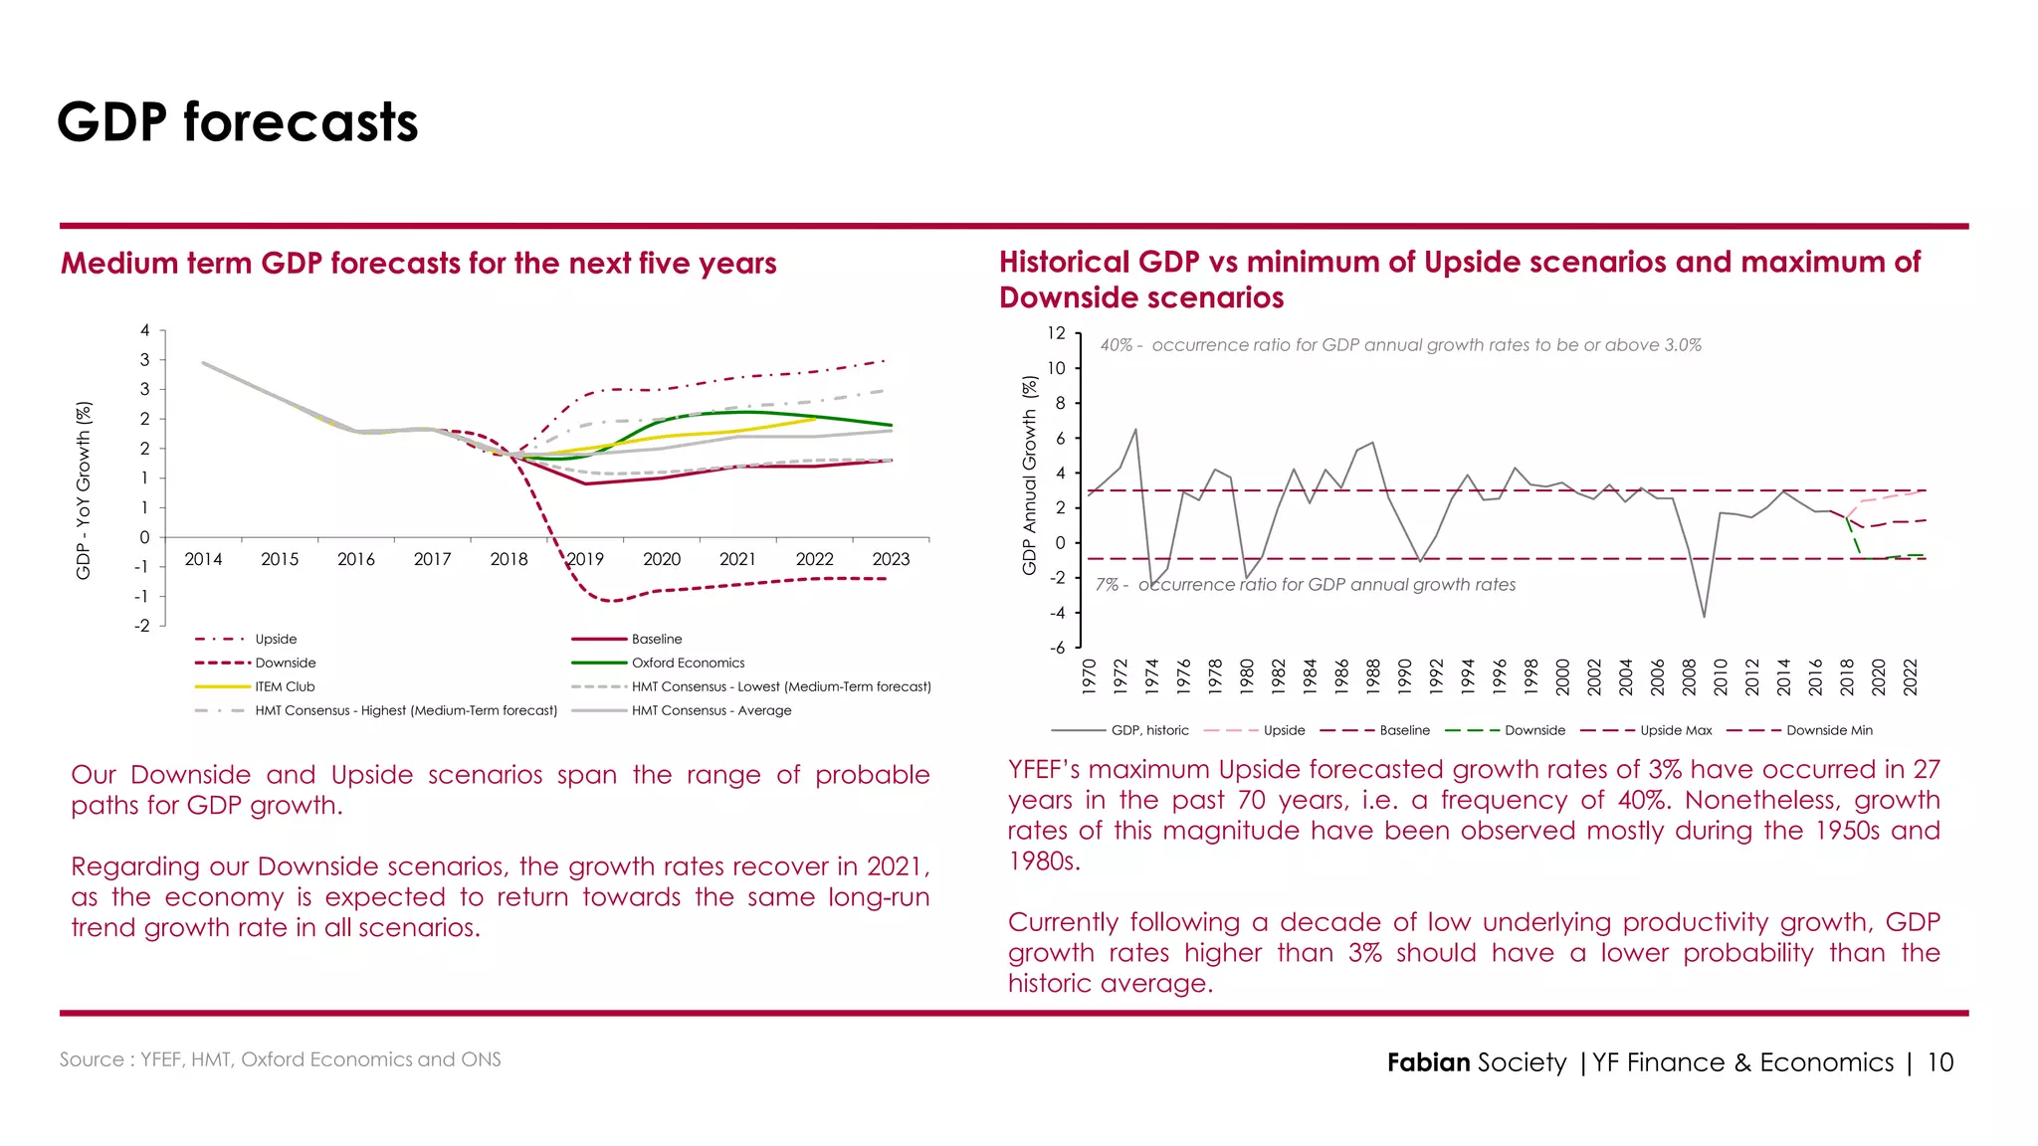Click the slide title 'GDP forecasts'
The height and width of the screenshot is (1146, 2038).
pos(238,122)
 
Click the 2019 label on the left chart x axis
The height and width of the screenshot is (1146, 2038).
pos(585,559)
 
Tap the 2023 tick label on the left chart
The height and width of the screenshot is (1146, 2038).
pos(891,559)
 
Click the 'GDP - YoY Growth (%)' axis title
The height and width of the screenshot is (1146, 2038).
pos(84,489)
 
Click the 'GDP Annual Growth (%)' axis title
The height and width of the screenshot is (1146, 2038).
pos(1029,475)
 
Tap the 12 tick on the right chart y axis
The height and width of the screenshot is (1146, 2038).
pos(1056,333)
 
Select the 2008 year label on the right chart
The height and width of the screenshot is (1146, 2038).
pos(1689,676)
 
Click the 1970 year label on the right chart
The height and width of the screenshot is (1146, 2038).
pos(1089,676)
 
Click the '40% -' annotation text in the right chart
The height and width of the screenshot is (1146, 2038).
pos(1121,345)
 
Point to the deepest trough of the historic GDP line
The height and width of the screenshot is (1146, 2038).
pos(1704,617)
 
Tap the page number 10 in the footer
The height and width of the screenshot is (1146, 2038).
pos(1939,1062)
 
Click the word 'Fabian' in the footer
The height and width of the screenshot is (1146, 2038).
pos(1428,1062)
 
